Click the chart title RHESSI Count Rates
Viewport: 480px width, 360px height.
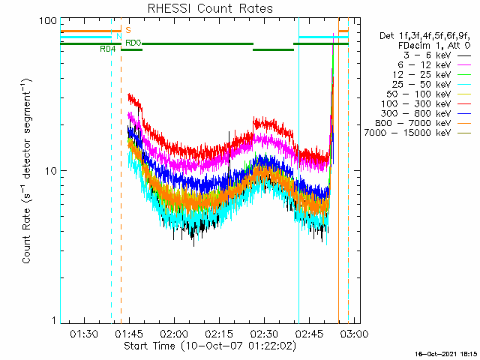tap(210, 8)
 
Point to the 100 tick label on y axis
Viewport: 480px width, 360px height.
tap(48, 21)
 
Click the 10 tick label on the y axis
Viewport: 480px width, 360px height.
tap(51, 171)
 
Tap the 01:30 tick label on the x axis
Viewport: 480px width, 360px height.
tap(84, 333)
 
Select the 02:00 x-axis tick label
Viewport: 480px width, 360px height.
tap(174, 333)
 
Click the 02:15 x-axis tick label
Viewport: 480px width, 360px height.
tap(219, 333)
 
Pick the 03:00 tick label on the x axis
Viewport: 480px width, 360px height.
tap(354, 333)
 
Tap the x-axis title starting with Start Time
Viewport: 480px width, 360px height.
tap(210, 346)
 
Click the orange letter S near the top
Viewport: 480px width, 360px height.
tap(128, 30)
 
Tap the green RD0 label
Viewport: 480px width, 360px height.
tap(133, 43)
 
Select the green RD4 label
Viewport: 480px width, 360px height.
tap(108, 49)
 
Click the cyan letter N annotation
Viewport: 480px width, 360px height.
tap(119, 37)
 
